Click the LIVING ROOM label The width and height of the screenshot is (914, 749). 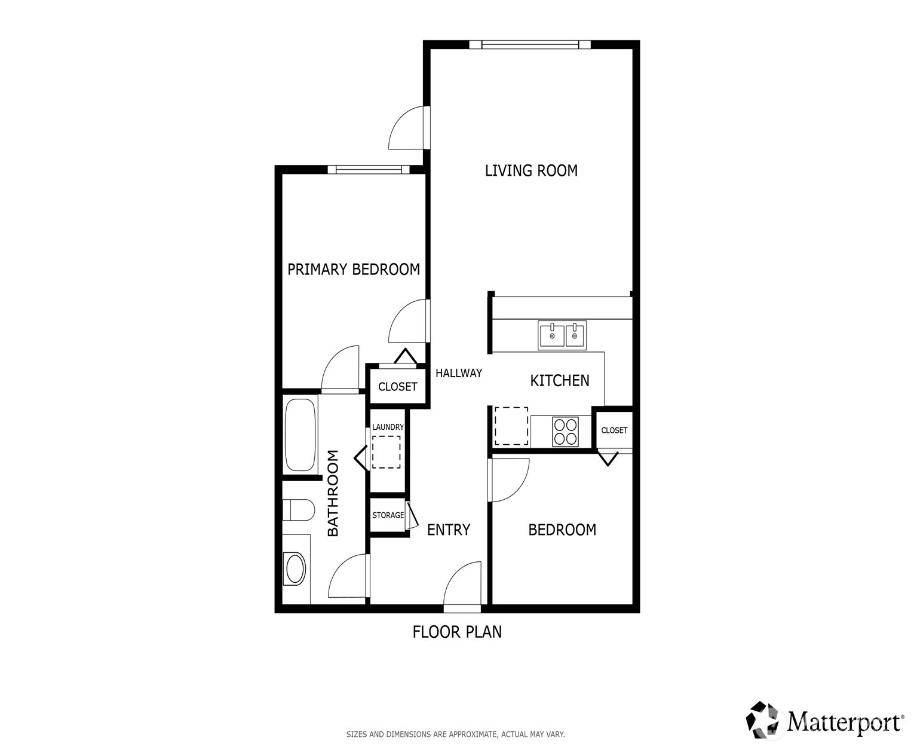531,170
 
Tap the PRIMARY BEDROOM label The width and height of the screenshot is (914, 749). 354,270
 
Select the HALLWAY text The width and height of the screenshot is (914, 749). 459,373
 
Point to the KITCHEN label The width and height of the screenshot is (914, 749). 560,380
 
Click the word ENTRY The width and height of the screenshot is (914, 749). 449,530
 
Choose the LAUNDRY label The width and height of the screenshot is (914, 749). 388,427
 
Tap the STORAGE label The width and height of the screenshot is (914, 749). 388,515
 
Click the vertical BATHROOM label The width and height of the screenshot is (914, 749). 333,493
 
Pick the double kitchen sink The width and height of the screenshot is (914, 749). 562,335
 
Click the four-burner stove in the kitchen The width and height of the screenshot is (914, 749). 565,432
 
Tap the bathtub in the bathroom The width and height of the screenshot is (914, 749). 299,435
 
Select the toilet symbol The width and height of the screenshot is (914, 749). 298,510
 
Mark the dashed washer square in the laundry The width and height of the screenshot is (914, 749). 386,452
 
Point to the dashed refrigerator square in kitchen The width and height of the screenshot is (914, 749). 511,426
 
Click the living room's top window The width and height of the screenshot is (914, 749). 530,44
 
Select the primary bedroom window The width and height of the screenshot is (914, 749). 369,170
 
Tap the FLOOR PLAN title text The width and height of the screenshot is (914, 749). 457,632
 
